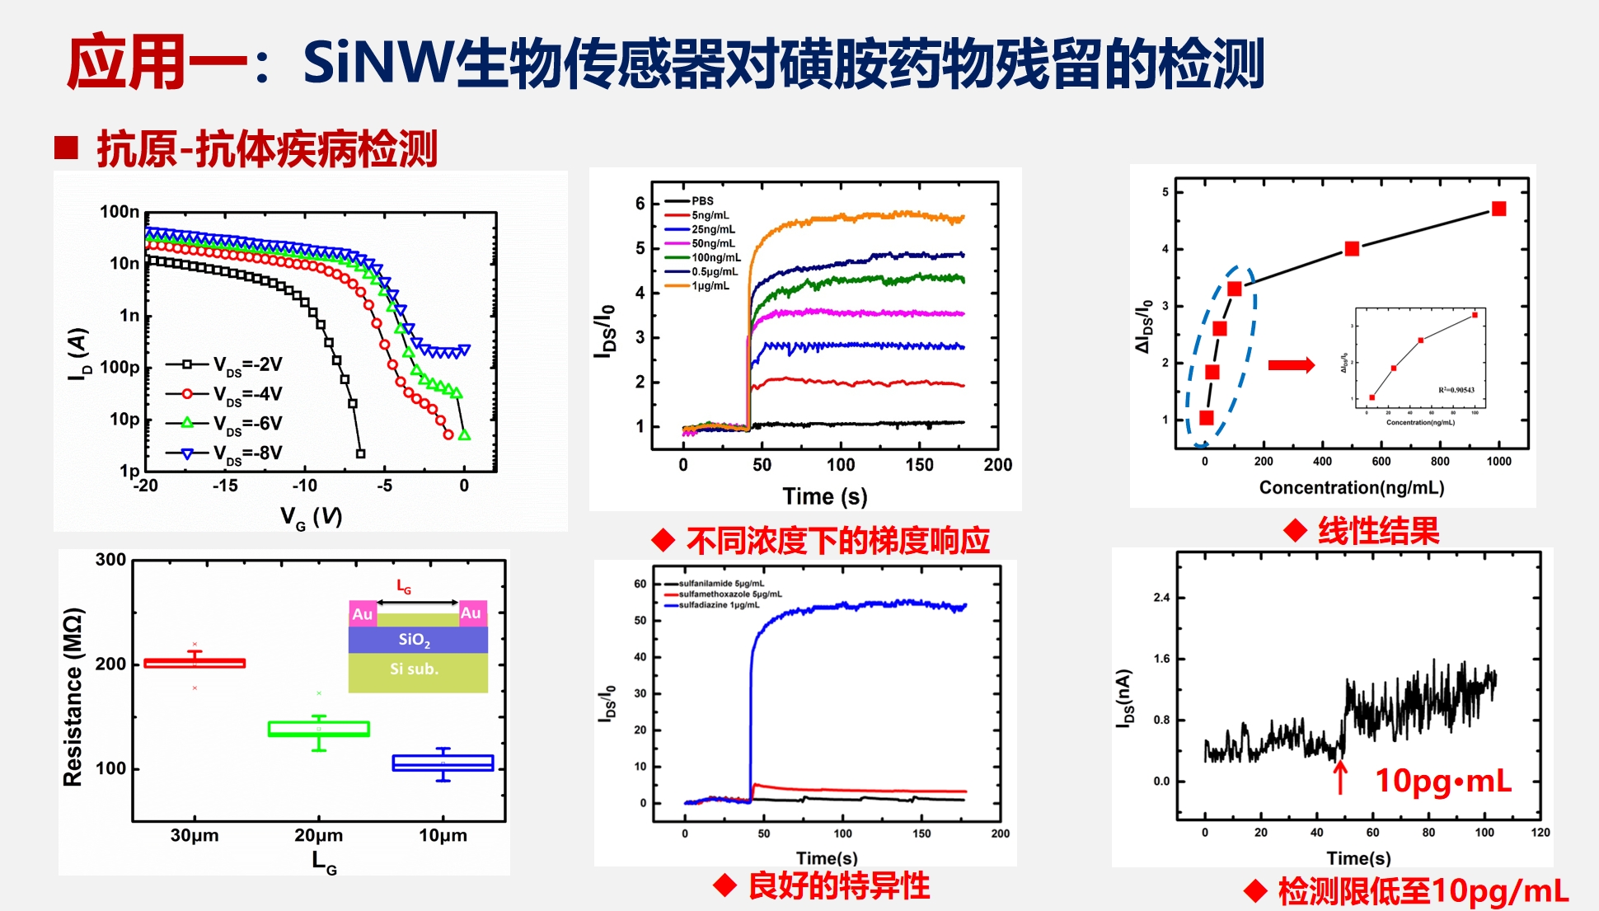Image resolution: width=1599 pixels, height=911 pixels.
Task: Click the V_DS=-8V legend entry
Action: coord(224,453)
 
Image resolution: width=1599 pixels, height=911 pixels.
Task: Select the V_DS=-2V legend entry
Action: coord(224,364)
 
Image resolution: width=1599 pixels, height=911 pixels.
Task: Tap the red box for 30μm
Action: coord(195,663)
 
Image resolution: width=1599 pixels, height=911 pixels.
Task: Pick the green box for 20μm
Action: coord(319,729)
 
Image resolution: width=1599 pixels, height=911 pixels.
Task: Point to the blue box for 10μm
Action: coord(443,763)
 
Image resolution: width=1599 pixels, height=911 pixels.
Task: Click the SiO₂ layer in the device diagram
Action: coord(417,640)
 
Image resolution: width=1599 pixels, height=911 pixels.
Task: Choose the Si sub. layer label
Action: coord(415,669)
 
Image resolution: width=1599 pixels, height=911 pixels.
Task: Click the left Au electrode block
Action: coord(363,614)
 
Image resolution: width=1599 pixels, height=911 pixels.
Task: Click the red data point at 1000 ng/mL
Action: coord(1498,209)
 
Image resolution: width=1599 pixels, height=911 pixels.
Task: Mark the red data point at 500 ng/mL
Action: coord(1352,249)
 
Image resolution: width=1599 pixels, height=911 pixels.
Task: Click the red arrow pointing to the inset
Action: coord(1291,365)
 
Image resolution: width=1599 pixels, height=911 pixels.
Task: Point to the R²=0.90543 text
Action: coord(1456,390)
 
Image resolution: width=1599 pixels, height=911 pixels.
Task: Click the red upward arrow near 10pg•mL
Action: coord(1340,777)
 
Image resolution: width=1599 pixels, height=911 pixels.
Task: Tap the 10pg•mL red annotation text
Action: coord(1443,780)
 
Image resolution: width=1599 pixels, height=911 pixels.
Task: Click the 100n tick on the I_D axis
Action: coord(120,212)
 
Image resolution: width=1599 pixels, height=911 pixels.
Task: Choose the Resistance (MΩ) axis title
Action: coord(73,697)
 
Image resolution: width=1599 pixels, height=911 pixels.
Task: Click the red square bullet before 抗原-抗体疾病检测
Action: coord(66,148)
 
